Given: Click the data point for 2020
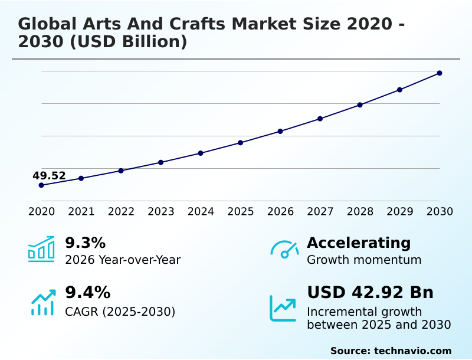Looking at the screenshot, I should (41, 185).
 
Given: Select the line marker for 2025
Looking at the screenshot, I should (241, 143).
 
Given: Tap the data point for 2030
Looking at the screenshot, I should (440, 73).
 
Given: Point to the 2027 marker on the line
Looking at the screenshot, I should (320, 119).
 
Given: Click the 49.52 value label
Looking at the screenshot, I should (49, 175).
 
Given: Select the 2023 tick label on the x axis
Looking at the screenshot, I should (161, 212).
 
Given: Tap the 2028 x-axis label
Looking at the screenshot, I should (360, 212).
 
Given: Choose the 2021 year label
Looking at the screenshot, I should (81, 212).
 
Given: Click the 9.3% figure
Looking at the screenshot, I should (85, 243).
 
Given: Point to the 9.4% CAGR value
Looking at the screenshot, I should (87, 292).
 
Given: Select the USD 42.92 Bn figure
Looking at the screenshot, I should (370, 292).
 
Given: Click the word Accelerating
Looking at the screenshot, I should (359, 243).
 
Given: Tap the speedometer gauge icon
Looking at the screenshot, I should (284, 249).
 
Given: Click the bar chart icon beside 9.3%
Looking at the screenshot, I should (41, 249).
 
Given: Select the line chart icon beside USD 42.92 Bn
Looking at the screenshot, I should (283, 307).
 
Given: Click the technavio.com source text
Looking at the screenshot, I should (412, 351).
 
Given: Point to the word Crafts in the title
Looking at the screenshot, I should (191, 24).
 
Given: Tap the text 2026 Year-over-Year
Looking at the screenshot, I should (123, 260).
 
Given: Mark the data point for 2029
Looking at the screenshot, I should (399, 90).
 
